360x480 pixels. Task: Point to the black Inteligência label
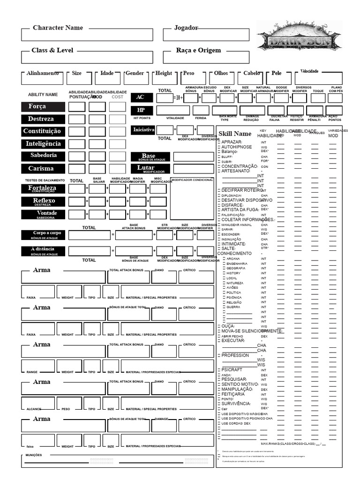43,144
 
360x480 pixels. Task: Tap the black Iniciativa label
143,130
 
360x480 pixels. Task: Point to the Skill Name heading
235,134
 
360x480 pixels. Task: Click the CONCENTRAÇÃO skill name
239,166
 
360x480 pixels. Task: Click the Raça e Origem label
198,51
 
